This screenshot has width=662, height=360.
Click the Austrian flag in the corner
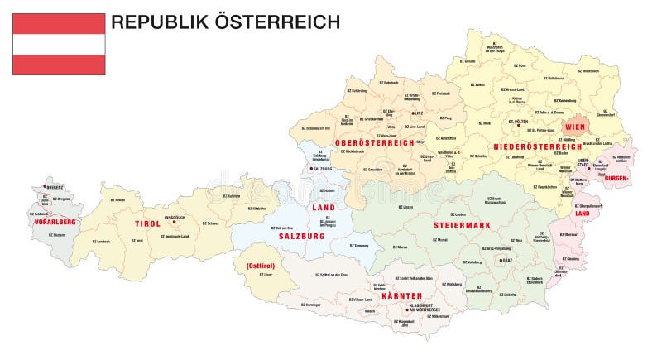[59, 44]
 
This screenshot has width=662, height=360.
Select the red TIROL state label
[148, 223]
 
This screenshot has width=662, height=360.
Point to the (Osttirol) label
[260, 266]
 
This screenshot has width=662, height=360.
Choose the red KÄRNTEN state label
[402, 295]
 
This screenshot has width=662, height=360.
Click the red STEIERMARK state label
[458, 224]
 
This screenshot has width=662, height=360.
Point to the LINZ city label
[418, 113]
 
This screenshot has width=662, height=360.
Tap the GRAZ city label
[507, 261]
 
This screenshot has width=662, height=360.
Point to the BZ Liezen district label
[405, 207]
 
